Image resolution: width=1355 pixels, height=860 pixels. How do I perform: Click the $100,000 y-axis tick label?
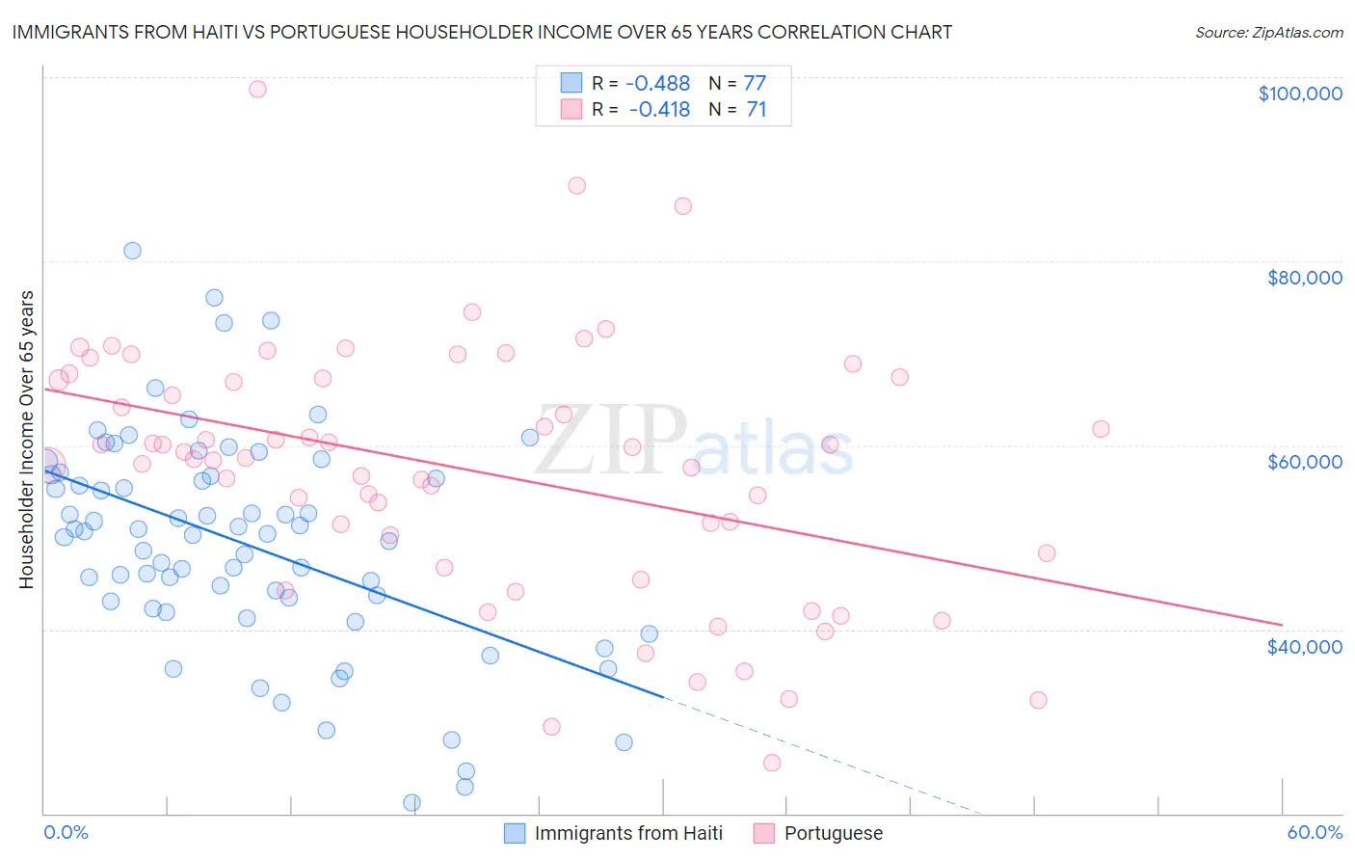pos(1299,94)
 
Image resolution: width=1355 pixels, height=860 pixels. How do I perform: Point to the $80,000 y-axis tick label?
pos(1304,278)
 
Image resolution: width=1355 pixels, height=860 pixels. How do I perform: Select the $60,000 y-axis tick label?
pos(1304,462)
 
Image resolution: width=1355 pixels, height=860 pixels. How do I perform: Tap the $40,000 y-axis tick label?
pos(1304,647)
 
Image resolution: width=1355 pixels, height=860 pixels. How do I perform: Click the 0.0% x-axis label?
pos(66,833)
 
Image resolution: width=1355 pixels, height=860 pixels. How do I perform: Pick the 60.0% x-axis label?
pos(1314,833)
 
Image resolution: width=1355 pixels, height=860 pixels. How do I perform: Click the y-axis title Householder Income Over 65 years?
pos(27,439)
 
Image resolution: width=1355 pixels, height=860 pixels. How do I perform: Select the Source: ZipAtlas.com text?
pos(1268,33)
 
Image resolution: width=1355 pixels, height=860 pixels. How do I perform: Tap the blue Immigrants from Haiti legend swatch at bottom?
pos(516,833)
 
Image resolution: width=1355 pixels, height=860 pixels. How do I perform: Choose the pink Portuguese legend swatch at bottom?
pos(764,833)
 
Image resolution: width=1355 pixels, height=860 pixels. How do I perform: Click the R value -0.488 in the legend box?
pos(658,84)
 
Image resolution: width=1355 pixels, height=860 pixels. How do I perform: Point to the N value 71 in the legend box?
pos(757,110)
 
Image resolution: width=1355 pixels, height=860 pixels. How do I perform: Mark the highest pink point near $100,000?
pos(257,89)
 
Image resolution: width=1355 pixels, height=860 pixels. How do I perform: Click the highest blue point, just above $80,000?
pos(132,251)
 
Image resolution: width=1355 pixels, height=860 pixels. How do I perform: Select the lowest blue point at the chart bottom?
pos(412,802)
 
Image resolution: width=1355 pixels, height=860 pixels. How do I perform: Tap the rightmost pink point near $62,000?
pos(1101,429)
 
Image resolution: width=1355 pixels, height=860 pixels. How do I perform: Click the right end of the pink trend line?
pos(1281,624)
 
